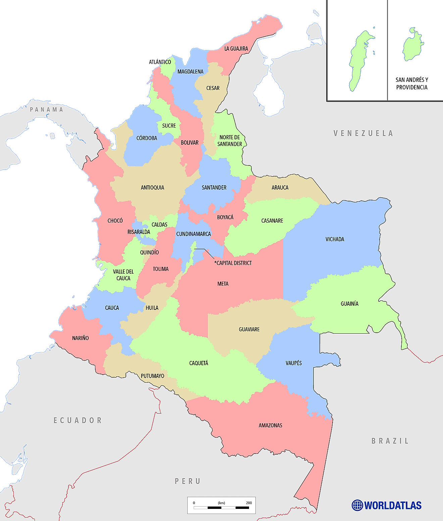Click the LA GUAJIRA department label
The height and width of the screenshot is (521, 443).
(x=236, y=49)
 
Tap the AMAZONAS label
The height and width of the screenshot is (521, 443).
(x=270, y=425)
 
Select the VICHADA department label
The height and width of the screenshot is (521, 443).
(x=335, y=239)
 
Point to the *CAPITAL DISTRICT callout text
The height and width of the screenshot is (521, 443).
(x=233, y=263)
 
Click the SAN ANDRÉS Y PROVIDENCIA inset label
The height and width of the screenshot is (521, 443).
(x=412, y=84)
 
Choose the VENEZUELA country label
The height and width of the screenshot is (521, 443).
(x=363, y=133)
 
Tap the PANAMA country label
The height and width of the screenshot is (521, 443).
(x=46, y=109)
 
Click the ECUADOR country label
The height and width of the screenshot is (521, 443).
(x=78, y=420)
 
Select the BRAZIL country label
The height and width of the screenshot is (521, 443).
(x=390, y=441)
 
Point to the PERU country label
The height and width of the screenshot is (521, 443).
(x=188, y=481)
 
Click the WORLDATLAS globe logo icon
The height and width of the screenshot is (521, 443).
(x=357, y=505)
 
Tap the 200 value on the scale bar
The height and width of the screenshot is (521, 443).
(x=249, y=503)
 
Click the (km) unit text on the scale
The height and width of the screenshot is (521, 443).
(x=222, y=503)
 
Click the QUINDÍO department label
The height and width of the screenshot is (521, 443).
(x=149, y=252)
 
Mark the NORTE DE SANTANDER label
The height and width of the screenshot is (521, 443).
(x=230, y=141)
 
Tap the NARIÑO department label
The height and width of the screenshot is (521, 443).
(x=81, y=338)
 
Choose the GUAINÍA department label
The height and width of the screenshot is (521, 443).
(x=349, y=304)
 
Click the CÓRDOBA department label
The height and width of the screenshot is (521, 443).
(x=147, y=138)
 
